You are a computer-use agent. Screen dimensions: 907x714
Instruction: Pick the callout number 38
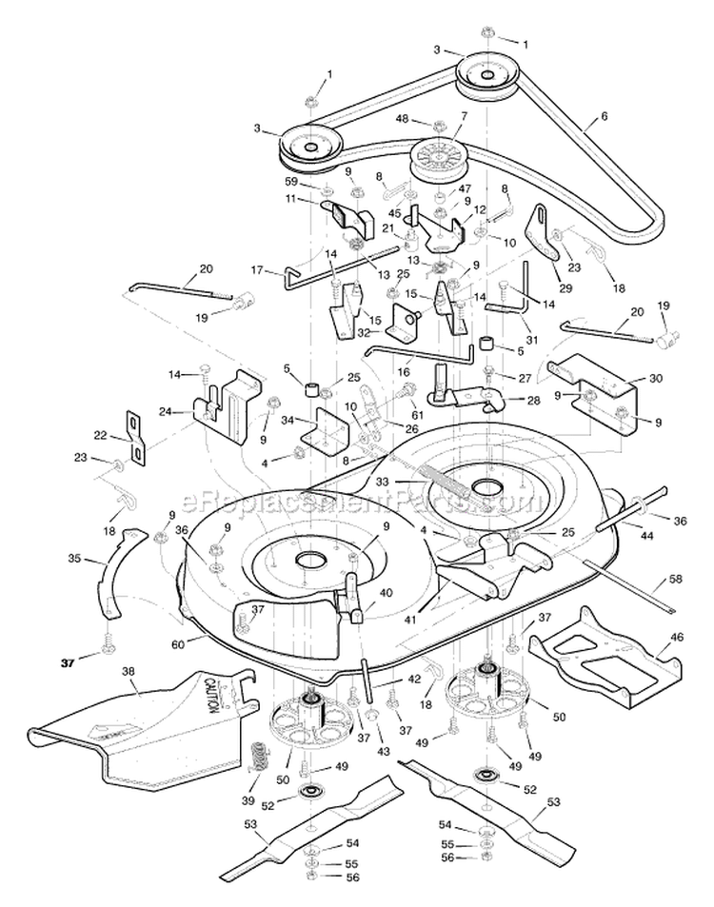pos(129,670)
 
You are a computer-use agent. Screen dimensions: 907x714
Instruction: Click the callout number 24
pos(165,412)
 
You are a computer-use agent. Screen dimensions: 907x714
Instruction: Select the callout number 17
pos(257,270)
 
